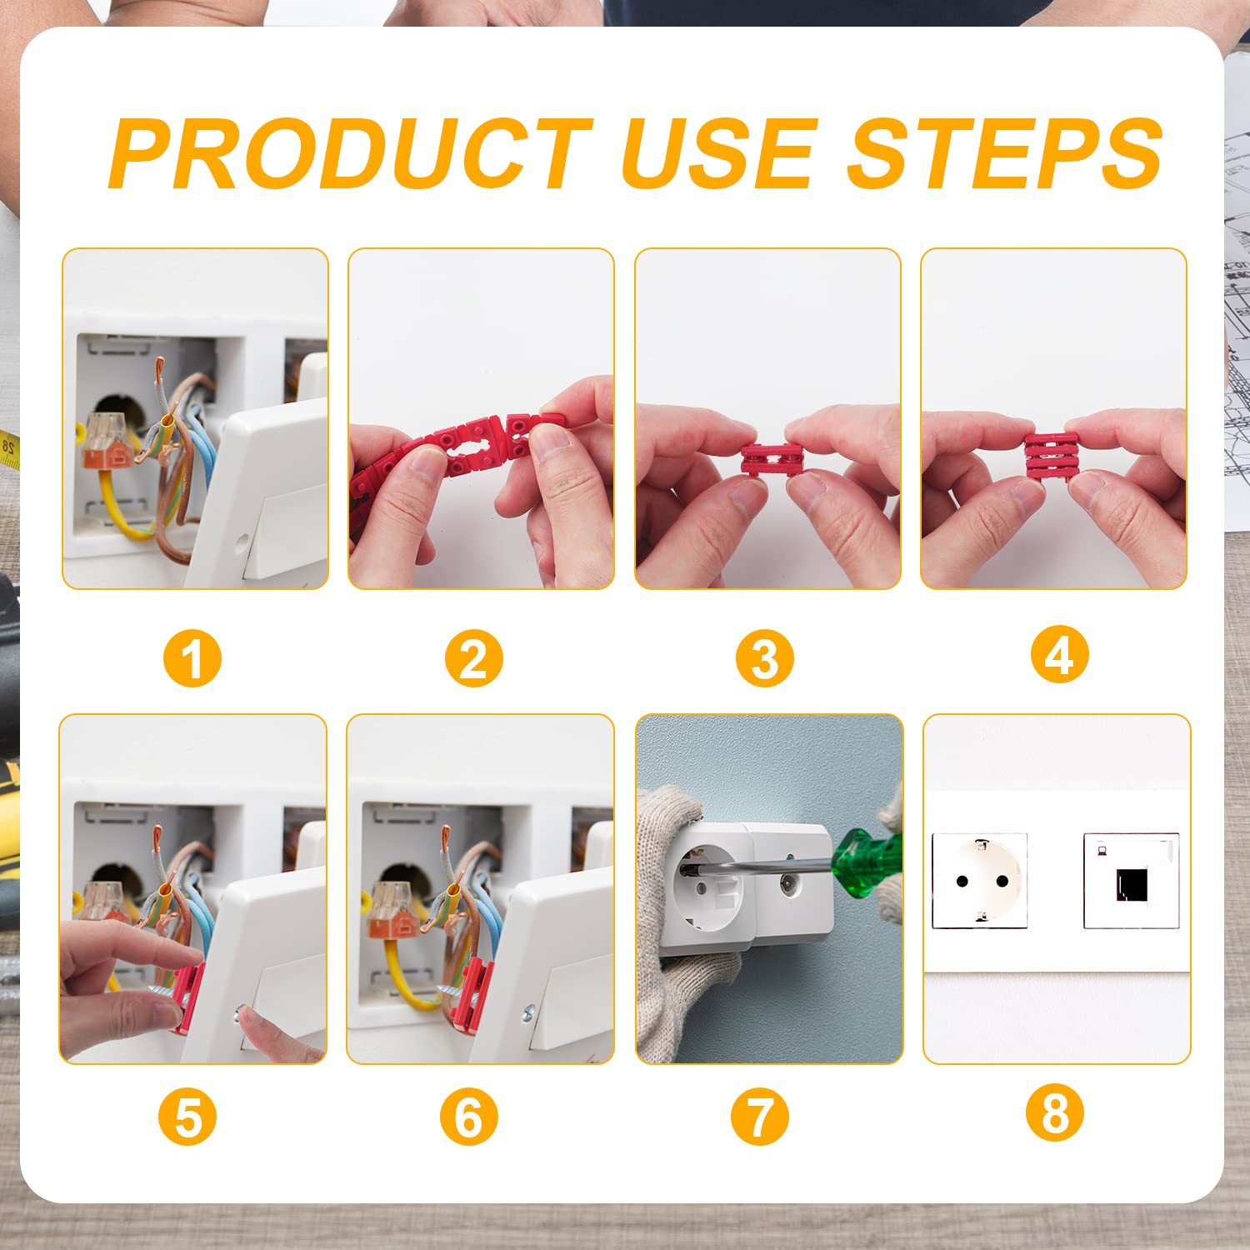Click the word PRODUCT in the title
[350, 154]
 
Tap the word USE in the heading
[717, 154]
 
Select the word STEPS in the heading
[1004, 154]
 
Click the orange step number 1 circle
[192, 658]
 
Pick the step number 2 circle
[473, 658]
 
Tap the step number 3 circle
[764, 658]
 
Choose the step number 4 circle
[1059, 656]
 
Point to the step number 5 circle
[187, 1117]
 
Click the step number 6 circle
[469, 1117]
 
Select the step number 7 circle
[759, 1117]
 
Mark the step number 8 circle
[1055, 1114]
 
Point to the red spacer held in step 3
[772, 460]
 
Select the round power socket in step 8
[980, 880]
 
